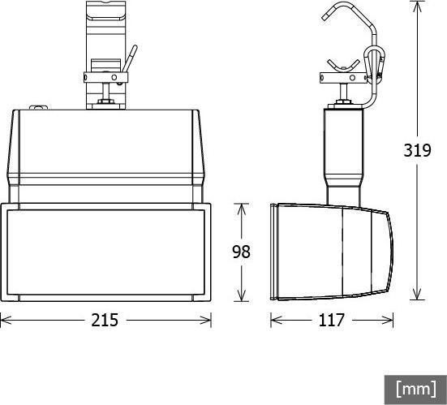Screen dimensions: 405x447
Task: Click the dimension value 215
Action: pos(105,320)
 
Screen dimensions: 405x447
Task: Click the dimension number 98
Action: pos(241,252)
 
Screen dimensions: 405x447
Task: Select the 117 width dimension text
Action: pos(331,320)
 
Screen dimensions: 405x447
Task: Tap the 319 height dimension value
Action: pos(417,150)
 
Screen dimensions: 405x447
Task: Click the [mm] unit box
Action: pos(415,389)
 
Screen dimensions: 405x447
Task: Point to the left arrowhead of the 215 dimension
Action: pos(4,320)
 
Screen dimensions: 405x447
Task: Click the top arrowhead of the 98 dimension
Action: pos(241,207)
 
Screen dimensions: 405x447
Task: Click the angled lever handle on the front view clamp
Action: pos(128,59)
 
